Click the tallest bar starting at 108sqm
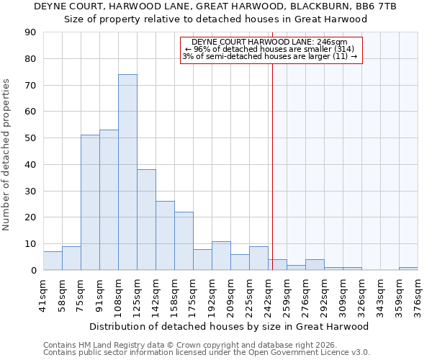127,172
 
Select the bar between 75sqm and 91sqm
90,202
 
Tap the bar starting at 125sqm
146,220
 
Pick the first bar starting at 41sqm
53,261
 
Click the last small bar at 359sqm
408,269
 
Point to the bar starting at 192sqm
221,256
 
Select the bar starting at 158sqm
184,241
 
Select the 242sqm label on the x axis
269,294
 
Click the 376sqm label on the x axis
418,294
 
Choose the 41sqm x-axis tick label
44,294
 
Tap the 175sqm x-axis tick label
194,294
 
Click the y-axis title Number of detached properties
7,155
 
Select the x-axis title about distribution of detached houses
229,326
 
